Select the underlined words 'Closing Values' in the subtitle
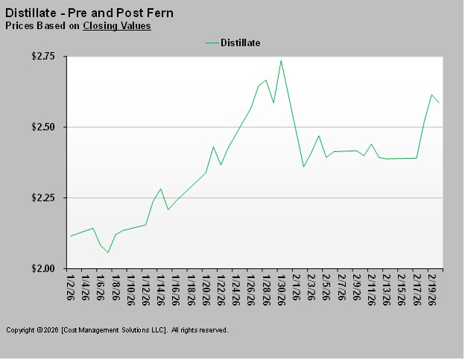tap(117, 26)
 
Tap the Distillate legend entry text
tap(240, 43)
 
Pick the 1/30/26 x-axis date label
tap(281, 287)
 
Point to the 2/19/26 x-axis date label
tap(432, 287)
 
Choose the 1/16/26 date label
tap(176, 287)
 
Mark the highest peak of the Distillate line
tap(281, 60)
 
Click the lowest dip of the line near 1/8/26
tap(108, 253)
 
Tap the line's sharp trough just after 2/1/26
tap(303, 166)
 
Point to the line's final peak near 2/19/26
tap(432, 95)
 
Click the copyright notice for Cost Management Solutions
tap(117, 329)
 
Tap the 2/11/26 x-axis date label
tap(371, 287)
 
